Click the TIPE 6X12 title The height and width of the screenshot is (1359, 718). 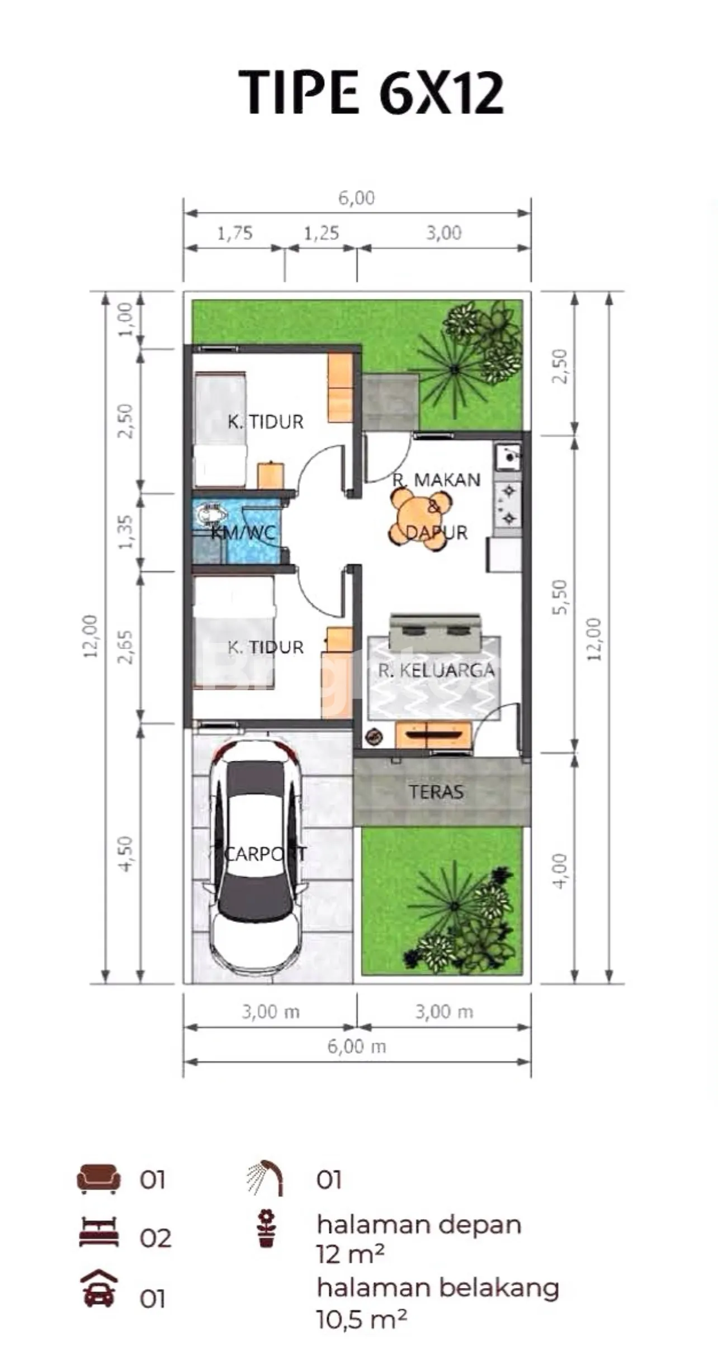pos(372,93)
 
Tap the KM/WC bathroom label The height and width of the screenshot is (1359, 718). pos(244,532)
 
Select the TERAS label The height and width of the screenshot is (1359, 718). pos(436,792)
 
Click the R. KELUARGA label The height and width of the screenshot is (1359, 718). pos(436,670)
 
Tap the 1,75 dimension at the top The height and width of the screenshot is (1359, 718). pos(235,233)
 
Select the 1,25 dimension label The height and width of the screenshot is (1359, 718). pos(322,233)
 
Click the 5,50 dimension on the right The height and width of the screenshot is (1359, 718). pos(560,597)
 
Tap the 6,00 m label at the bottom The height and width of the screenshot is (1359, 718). pos(357,1046)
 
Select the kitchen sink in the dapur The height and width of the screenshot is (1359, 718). pos(508,457)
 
